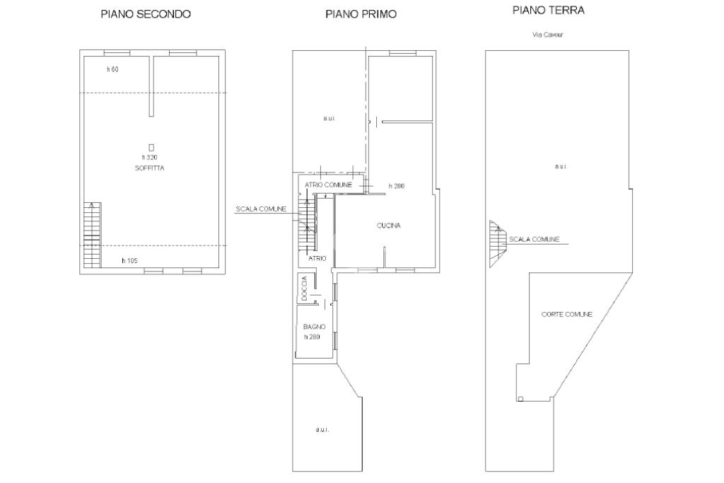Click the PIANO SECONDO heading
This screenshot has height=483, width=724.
click(146, 14)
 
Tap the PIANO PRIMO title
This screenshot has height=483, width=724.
click(361, 14)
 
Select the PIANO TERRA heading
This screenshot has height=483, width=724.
click(549, 10)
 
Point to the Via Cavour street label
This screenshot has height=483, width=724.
click(547, 35)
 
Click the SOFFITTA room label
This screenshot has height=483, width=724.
click(149, 168)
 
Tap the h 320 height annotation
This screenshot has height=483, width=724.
click(149, 158)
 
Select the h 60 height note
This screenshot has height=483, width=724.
click(112, 70)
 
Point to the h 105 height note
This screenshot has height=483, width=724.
click(130, 261)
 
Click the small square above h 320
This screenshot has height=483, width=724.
click(151, 148)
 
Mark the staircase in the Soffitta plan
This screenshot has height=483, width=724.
click(93, 235)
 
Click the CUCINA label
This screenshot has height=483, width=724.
click(388, 226)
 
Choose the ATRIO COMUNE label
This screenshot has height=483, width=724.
click(328, 185)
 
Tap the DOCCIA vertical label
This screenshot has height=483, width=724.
click(304, 289)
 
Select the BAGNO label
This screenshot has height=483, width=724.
click(314, 327)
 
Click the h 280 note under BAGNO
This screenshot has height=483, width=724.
click(312, 337)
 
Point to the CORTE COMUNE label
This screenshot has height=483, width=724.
click(566, 315)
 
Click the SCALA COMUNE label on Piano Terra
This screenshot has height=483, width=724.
click(534, 240)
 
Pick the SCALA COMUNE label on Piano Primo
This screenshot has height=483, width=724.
click(261, 209)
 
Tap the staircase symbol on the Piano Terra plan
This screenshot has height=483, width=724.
click(498, 244)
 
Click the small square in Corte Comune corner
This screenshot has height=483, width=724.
click(520, 400)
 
